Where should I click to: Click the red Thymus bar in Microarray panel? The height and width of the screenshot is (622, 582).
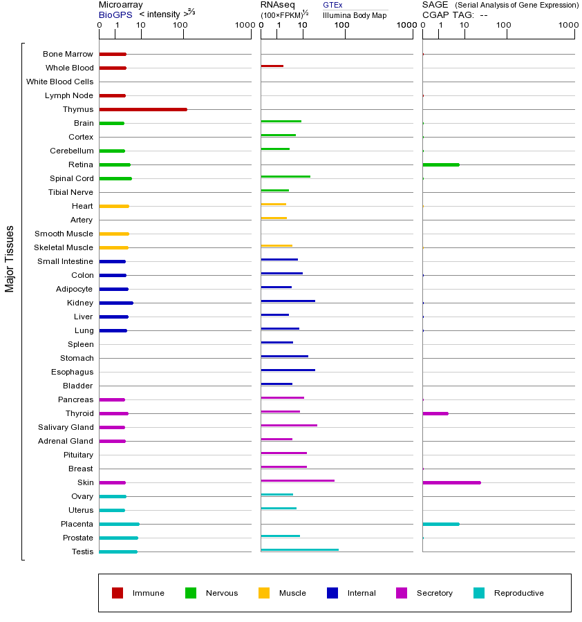pyautogui.click(x=143, y=109)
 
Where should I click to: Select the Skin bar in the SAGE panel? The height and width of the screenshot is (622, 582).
pyautogui.click(x=451, y=482)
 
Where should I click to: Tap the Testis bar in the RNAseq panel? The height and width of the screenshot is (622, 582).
pyautogui.click(x=299, y=549)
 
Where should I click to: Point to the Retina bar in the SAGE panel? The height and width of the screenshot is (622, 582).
pyautogui.click(x=440, y=164)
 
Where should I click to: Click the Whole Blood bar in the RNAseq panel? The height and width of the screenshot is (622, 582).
pyautogui.click(x=272, y=66)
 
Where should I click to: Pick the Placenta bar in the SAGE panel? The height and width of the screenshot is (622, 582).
pyautogui.click(x=440, y=524)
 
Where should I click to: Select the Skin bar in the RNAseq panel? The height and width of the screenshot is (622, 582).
pyautogui.click(x=297, y=480)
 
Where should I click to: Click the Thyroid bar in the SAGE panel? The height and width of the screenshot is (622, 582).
pyautogui.click(x=435, y=413)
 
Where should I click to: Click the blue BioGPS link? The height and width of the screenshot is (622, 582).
pyautogui.click(x=113, y=14)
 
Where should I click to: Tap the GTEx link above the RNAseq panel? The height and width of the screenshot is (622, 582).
pyautogui.click(x=332, y=5)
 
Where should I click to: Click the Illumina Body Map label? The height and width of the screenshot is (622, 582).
pyautogui.click(x=355, y=15)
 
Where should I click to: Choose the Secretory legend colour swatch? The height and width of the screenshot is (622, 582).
pyautogui.click(x=402, y=593)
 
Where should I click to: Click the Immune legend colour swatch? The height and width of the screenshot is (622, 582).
pyautogui.click(x=118, y=593)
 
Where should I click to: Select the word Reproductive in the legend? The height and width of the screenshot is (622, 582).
pyautogui.click(x=518, y=593)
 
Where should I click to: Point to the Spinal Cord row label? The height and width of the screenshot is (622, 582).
pyautogui.click(x=73, y=178)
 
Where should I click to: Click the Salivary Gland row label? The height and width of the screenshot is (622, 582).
pyautogui.click(x=66, y=427)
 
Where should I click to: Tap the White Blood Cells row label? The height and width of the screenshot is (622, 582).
pyautogui.click(x=59, y=82)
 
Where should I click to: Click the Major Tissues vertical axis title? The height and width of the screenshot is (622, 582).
pyautogui.click(x=10, y=258)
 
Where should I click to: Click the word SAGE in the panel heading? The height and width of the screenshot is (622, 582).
pyautogui.click(x=434, y=5)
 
